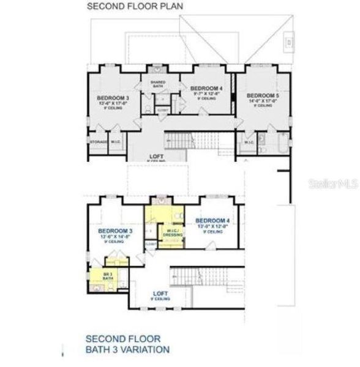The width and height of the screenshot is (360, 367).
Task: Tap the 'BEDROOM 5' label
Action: pos(260,95)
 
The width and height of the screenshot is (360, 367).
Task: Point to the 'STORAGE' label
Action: pos(99,142)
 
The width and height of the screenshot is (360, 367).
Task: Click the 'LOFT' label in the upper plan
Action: pos(156,157)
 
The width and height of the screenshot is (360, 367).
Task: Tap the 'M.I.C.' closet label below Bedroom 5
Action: pos(249,143)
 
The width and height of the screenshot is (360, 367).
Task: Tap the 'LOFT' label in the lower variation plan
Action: pos(162,293)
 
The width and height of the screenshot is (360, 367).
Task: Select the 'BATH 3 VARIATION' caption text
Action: pos(127,349)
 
